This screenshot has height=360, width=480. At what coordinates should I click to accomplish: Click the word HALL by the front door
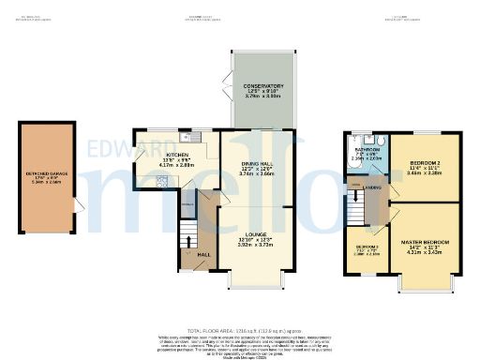pos(203,253)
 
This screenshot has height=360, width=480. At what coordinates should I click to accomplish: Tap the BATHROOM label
pos(366,148)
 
